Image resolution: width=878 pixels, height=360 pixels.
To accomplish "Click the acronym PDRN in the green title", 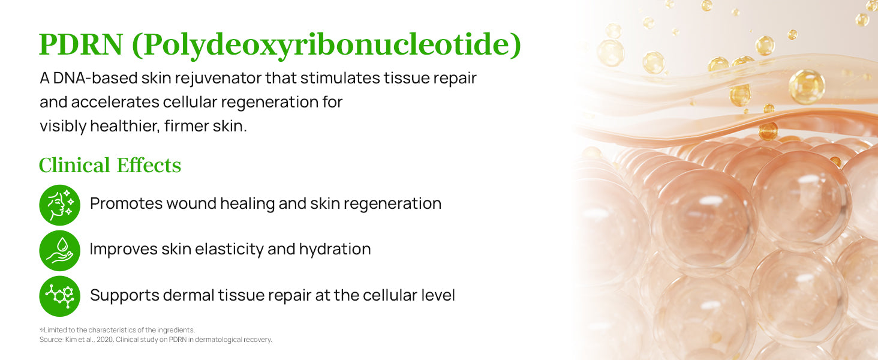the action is [81, 44].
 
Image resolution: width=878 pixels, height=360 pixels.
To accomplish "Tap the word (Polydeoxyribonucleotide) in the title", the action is [327, 46].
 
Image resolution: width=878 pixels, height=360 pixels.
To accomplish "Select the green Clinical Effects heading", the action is [110, 165].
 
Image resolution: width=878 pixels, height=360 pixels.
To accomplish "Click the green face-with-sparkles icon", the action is [59, 205].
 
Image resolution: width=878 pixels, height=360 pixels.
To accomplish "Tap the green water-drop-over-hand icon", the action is [59, 251].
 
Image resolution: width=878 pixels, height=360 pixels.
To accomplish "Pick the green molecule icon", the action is [59, 296].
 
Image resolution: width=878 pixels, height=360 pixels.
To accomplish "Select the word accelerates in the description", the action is [115, 102].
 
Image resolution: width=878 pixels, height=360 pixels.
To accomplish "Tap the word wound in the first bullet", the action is [191, 203].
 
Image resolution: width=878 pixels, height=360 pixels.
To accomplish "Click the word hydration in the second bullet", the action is [335, 250].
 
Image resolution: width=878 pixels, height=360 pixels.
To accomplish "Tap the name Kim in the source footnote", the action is [71, 340].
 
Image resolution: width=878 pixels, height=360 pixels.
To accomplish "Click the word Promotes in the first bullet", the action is [126, 203].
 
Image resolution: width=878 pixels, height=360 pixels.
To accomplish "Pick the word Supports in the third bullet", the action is [125, 296].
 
